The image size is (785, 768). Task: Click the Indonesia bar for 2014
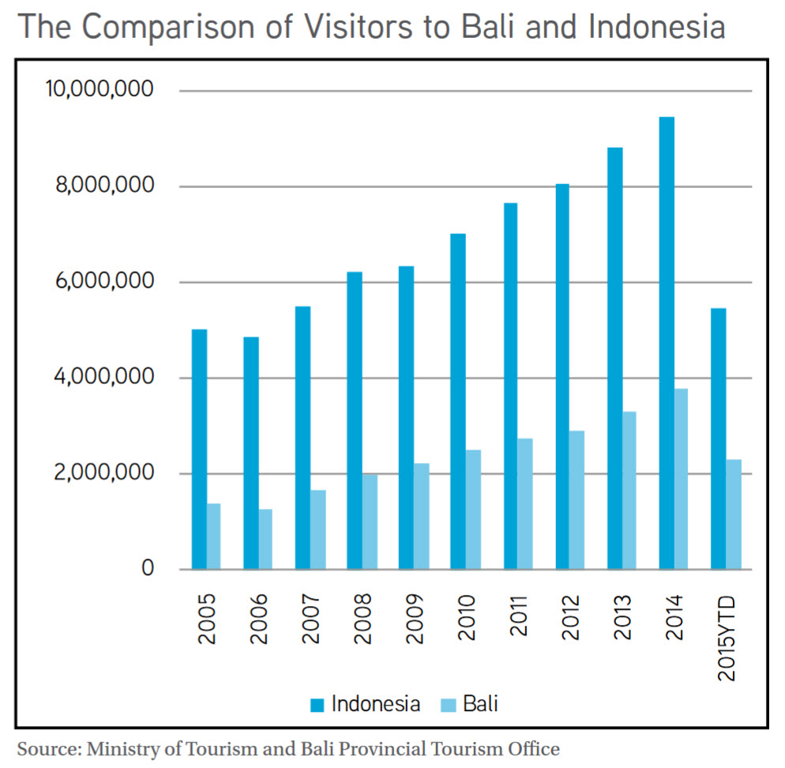(667, 343)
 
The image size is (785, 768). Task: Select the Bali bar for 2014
(681, 479)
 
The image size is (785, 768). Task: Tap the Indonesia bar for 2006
(251, 454)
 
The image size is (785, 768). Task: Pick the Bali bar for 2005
(214, 536)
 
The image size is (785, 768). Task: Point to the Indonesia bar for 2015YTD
(719, 439)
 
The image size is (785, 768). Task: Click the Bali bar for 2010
(473, 510)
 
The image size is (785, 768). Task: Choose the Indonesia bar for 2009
(407, 418)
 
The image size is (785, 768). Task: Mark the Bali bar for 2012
(577, 500)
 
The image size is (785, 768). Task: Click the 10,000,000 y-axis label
(100, 89)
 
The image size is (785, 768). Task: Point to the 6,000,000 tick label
(104, 281)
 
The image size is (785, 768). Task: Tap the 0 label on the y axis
(148, 568)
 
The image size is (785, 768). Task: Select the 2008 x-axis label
(362, 619)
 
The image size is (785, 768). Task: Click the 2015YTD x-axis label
(726, 638)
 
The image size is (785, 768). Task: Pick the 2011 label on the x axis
(519, 616)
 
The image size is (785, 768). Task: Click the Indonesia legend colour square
(317, 705)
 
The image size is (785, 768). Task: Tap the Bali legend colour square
(449, 705)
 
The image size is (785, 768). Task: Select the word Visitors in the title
(359, 26)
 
